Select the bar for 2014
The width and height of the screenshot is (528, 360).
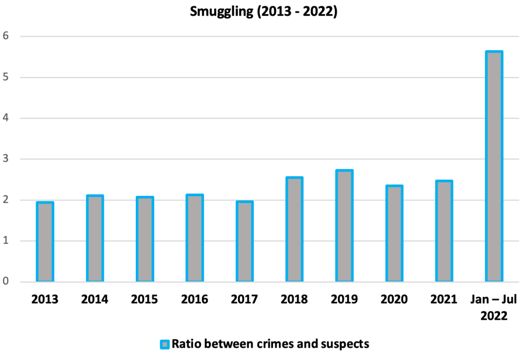tap(95, 239)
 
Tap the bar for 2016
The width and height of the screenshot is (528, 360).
tap(195, 238)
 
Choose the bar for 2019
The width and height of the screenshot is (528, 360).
tap(344, 226)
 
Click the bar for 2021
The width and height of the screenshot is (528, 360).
tap(444, 231)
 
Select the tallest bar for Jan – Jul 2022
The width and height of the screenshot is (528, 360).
tap(494, 166)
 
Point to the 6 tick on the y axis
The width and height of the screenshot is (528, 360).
tap(7, 36)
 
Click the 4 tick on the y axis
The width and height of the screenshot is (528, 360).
tap(7, 118)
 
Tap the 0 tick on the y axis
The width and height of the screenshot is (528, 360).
tap(7, 282)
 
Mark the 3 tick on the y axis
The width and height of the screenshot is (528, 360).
tap(7, 159)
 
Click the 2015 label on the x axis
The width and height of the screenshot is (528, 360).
tap(145, 300)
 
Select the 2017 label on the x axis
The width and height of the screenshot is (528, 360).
tap(245, 300)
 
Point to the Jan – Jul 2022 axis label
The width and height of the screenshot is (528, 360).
tap(494, 307)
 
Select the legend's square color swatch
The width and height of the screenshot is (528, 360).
tap(164, 344)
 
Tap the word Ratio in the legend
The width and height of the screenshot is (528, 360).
tap(185, 344)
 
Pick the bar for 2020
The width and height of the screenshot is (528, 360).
tap(394, 233)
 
